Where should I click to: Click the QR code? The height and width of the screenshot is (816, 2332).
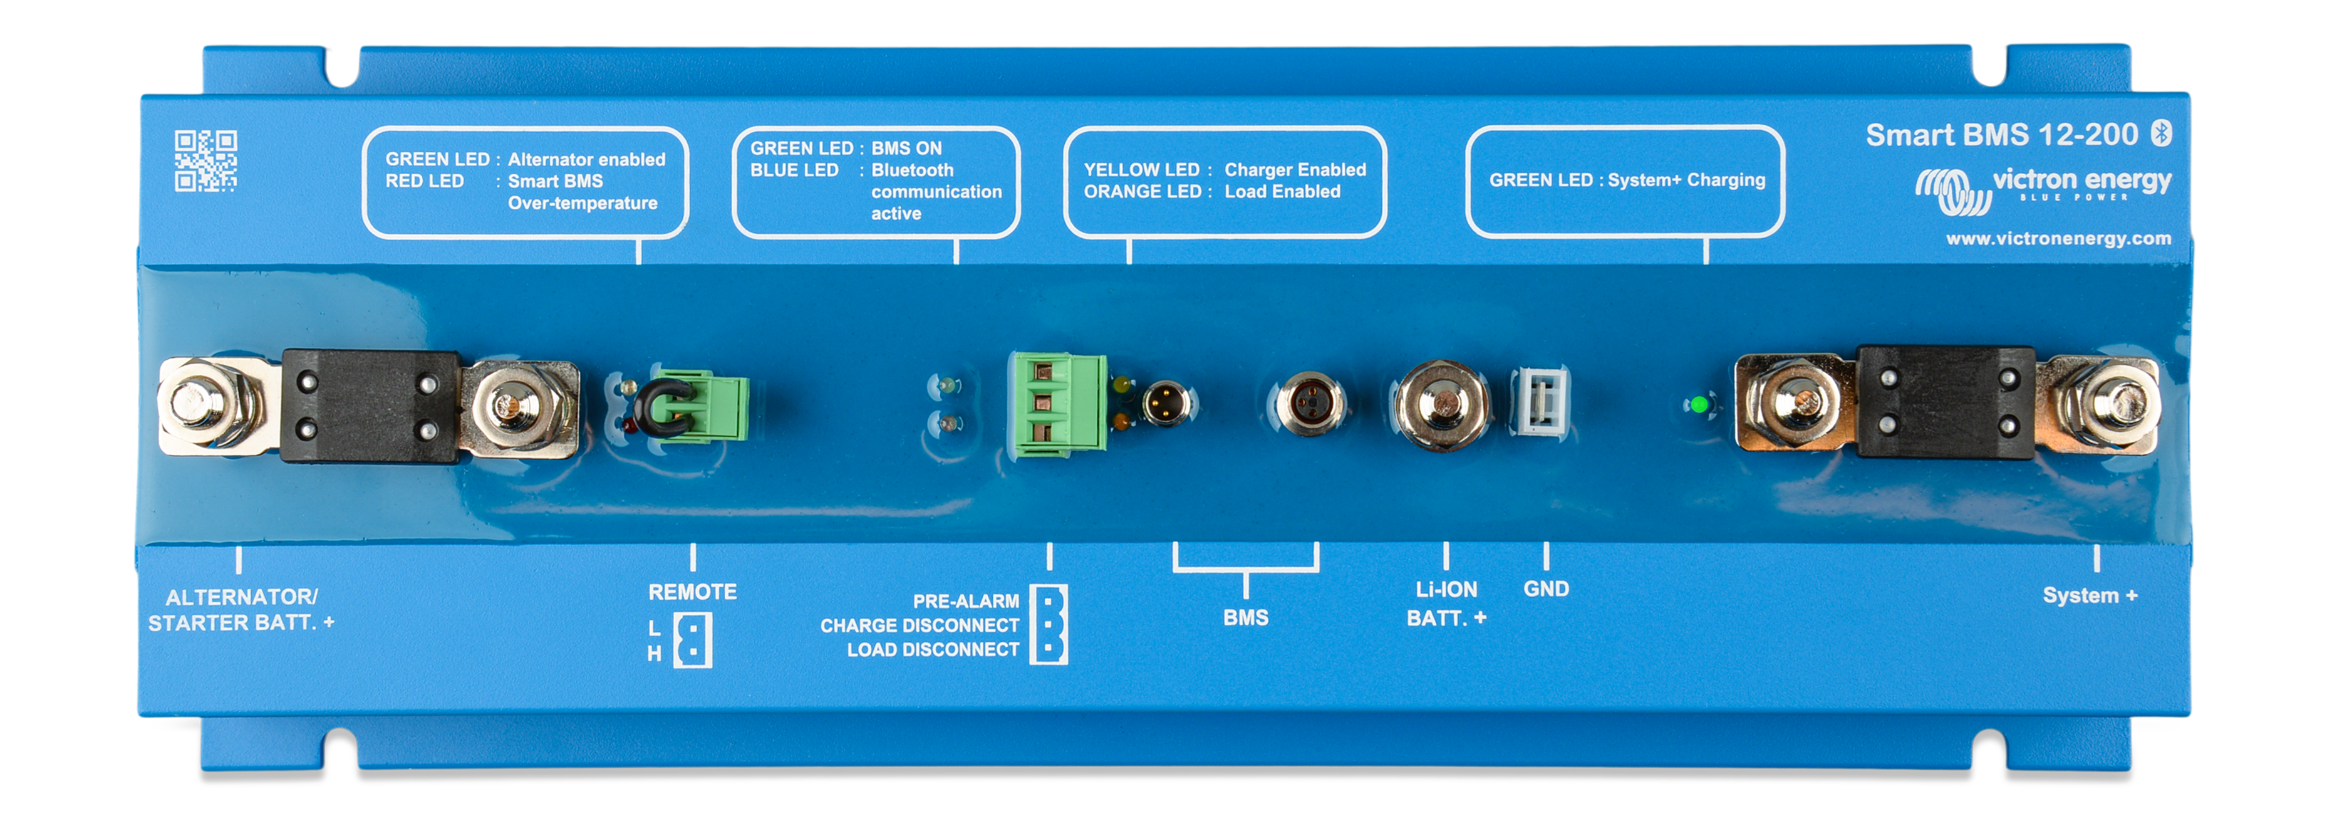205,160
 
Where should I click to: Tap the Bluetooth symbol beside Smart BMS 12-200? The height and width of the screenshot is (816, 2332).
2161,133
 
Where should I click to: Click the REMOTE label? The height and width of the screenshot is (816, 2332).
693,592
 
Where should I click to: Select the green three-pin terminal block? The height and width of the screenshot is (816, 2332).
1057,402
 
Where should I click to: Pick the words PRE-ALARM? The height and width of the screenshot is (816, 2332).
965,602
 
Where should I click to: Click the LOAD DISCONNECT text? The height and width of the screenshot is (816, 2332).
933,649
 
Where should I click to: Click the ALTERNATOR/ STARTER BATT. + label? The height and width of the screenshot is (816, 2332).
241,610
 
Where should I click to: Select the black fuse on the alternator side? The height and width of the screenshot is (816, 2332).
370,405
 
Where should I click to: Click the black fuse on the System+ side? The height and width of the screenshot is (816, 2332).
1946,402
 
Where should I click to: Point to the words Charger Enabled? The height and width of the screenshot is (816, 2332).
1295,169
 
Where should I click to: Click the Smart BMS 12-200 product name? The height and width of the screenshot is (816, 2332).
2001,135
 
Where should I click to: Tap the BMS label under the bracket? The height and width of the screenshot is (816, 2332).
1246,618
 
